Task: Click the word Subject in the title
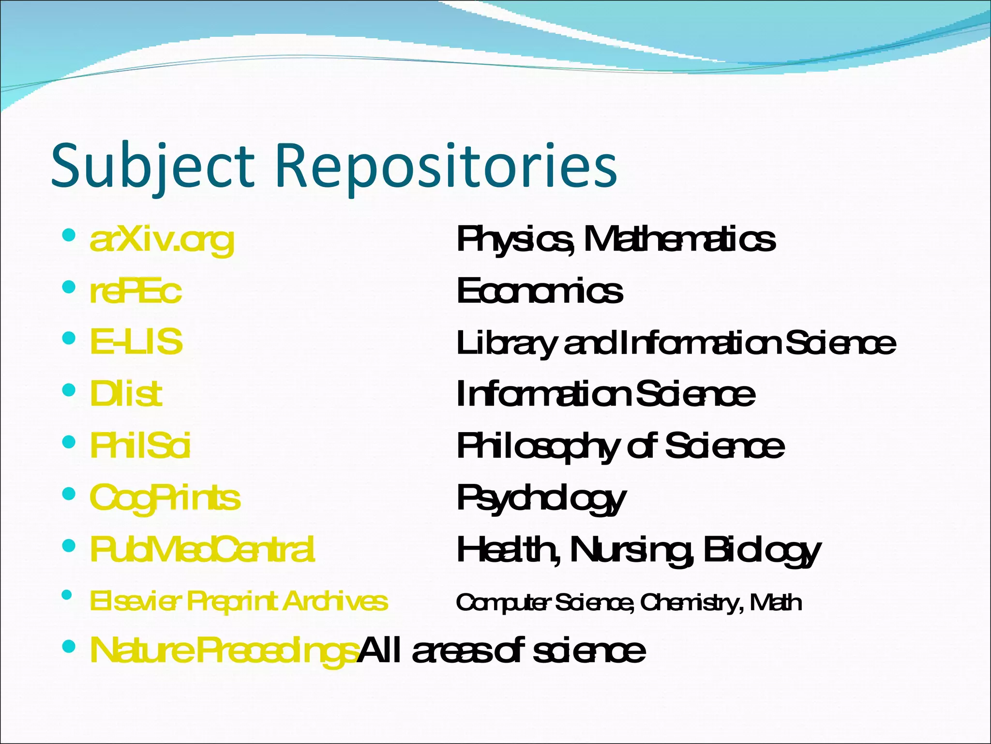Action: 152,166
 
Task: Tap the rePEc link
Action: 135,291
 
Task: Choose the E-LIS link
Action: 136,341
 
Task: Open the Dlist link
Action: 126,393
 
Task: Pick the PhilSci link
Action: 140,445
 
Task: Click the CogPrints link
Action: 165,497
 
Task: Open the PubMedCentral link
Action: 202,549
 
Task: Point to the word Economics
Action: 540,291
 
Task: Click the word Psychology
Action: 541,498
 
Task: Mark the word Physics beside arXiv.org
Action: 515,239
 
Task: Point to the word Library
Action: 506,343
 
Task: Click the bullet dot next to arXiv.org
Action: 69,236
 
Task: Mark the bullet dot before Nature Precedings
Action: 69,646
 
